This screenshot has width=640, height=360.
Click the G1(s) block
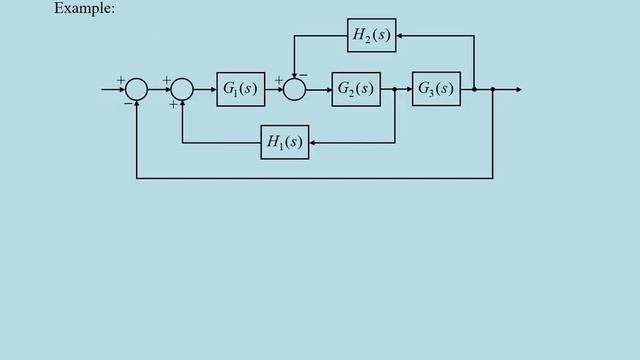(240, 90)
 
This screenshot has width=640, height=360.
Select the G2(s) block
(356, 90)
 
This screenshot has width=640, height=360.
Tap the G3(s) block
(436, 90)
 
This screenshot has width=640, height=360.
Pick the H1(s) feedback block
(284, 143)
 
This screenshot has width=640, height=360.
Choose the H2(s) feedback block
(372, 37)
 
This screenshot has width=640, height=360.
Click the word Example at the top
(85, 8)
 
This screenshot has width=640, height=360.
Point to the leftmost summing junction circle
(137, 90)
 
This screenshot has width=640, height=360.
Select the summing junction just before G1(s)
(182, 90)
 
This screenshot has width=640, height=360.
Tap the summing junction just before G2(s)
(294, 90)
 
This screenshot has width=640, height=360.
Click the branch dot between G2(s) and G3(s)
(396, 90)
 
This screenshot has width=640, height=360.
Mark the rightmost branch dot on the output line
(493, 90)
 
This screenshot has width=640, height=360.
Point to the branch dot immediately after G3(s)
(474, 90)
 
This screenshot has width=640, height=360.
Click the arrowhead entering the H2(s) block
(400, 37)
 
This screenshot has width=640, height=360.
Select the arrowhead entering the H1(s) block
(313, 143)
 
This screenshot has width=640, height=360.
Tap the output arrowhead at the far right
(517, 90)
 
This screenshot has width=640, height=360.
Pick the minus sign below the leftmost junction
(127, 102)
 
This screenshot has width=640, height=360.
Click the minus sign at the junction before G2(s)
(304, 77)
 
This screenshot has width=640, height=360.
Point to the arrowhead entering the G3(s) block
(408, 90)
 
